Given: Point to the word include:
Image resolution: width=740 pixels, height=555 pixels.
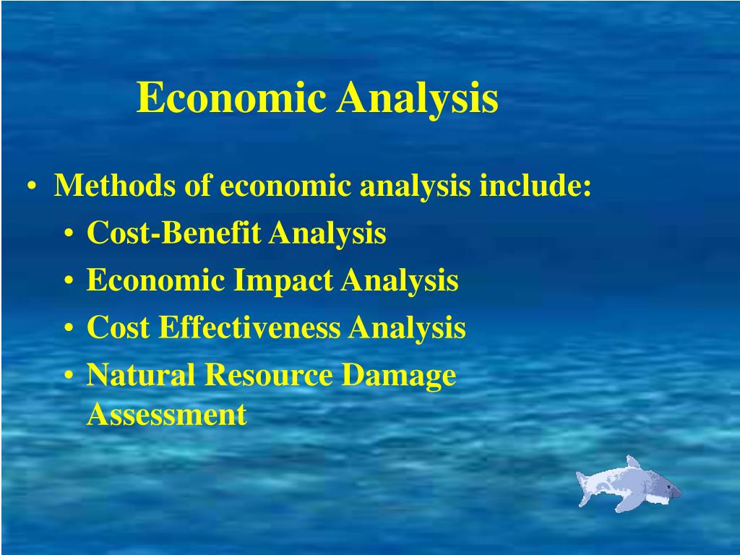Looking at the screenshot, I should [535, 186].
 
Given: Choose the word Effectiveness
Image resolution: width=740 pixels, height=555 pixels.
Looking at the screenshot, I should [249, 327].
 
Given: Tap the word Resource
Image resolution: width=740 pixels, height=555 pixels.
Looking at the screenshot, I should [270, 375].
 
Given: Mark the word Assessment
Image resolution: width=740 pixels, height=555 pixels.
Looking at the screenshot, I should [167, 415].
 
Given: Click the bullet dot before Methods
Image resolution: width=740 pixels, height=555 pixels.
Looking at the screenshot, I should [33, 188].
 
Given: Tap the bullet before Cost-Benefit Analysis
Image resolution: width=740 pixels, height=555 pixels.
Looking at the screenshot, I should [68, 235].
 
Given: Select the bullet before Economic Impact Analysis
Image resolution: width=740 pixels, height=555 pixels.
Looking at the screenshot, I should [68, 282].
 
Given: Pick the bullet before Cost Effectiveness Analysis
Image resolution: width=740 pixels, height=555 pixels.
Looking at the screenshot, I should [68, 329].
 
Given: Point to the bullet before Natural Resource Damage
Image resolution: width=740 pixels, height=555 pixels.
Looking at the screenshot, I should [68, 377].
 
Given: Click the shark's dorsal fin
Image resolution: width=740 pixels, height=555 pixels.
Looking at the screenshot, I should [633, 462].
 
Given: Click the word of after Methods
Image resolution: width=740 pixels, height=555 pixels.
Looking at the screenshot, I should [197, 186].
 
